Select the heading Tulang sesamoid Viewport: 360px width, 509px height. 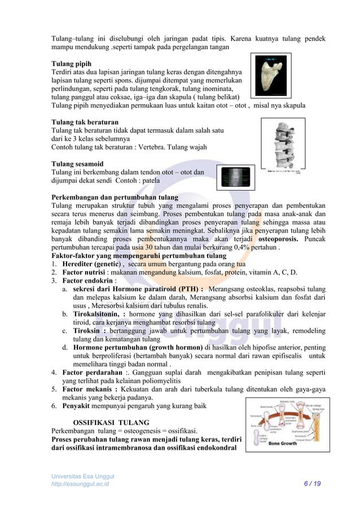tap(79, 164)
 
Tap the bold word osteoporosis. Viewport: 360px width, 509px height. tap(266, 239)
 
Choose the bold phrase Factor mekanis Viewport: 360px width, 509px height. tap(90, 389)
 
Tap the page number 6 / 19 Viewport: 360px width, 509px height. tap(311, 484)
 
